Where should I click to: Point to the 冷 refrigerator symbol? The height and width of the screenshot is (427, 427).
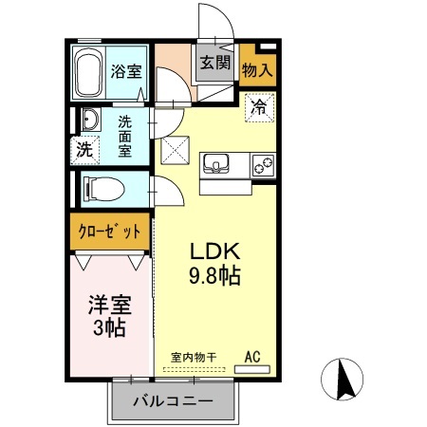coord(258,107)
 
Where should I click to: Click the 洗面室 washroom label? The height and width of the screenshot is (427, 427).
coord(125,136)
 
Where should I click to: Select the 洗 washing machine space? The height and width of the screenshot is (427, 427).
coord(84,149)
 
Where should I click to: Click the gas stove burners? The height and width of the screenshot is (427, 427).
coord(261,165)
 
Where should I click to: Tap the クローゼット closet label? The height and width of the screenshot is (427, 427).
coord(109,230)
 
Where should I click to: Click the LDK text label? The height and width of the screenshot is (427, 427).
coord(218,252)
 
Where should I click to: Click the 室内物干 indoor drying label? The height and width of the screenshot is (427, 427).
coord(194,357)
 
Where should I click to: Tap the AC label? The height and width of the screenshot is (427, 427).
coord(253,357)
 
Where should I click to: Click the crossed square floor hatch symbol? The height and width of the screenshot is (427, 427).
coord(176,150)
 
